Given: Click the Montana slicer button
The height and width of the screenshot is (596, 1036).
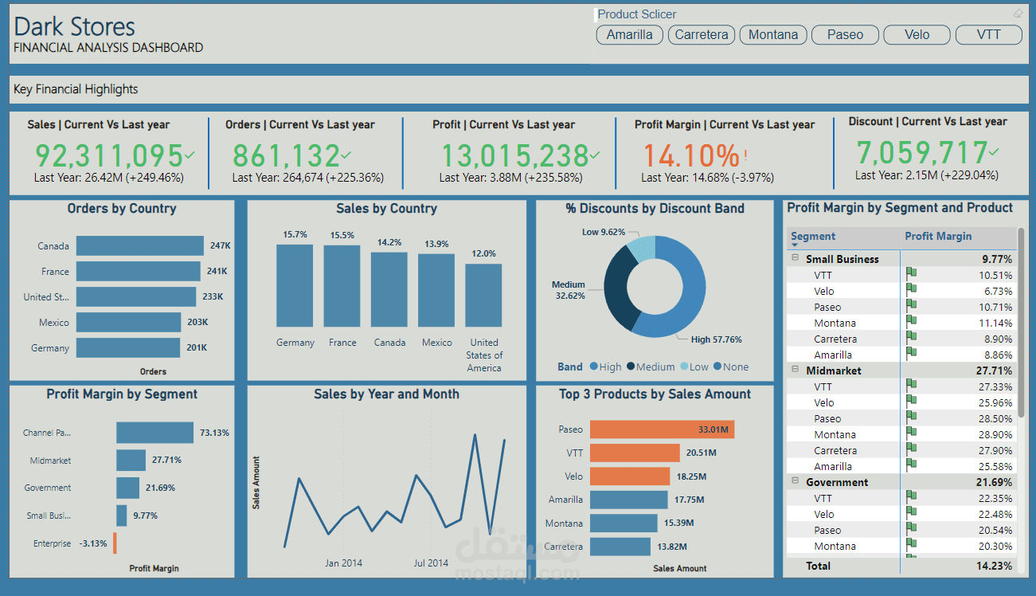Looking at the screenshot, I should (773, 34).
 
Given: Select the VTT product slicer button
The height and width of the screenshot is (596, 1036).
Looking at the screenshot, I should (987, 34).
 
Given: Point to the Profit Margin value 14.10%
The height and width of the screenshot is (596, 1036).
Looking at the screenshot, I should (691, 155).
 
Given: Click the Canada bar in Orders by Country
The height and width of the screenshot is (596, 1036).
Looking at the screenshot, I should (140, 245).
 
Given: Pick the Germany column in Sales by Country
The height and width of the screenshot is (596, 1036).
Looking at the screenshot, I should (295, 285).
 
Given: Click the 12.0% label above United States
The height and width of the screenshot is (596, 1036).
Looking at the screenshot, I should (483, 253).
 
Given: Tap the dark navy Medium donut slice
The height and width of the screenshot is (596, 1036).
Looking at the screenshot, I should (618, 292).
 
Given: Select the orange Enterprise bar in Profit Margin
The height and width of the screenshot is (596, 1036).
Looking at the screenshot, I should (114, 543).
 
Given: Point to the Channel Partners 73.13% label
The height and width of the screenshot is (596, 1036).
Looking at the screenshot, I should (214, 433).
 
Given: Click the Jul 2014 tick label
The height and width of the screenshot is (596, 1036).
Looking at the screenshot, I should (431, 563).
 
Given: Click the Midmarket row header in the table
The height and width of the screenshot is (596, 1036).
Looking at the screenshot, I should (833, 371).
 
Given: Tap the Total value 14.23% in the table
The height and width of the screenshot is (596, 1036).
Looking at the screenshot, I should (996, 566).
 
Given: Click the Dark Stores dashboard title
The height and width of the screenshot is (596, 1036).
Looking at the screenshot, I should (75, 26).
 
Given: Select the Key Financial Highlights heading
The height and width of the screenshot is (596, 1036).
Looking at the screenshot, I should (76, 89).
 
